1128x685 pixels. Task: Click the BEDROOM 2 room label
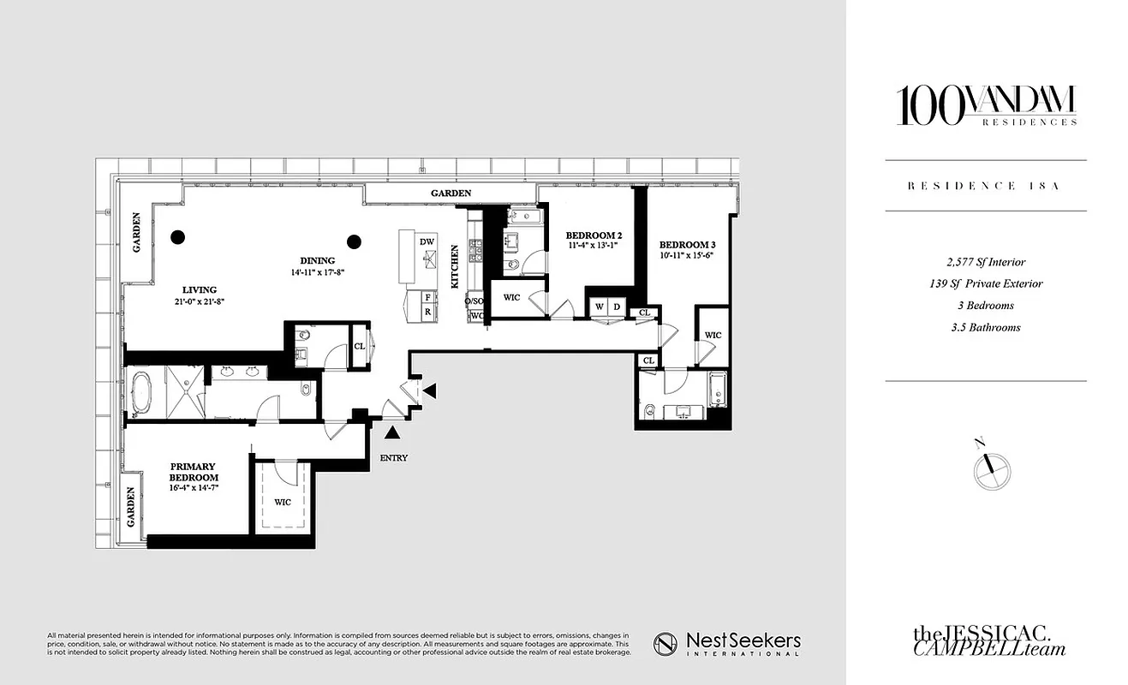[593, 235]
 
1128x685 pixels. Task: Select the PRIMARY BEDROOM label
[193, 472]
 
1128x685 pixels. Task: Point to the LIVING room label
[199, 289]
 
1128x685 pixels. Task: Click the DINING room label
[317, 261]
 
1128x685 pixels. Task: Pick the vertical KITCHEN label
[455, 266]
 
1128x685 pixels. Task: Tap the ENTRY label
[393, 458]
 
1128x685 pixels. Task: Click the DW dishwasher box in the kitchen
[427, 242]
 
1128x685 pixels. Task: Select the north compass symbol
[992, 468]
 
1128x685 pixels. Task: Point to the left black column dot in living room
[177, 238]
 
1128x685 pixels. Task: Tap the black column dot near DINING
[354, 241]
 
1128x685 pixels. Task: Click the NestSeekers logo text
[728, 644]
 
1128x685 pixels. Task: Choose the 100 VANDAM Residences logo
[985, 107]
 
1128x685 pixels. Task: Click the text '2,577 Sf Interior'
[985, 262]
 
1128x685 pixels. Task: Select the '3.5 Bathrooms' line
[985, 327]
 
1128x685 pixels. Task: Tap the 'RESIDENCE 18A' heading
[985, 186]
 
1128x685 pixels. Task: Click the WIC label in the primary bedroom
[282, 502]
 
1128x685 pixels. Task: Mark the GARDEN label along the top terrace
[451, 194]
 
